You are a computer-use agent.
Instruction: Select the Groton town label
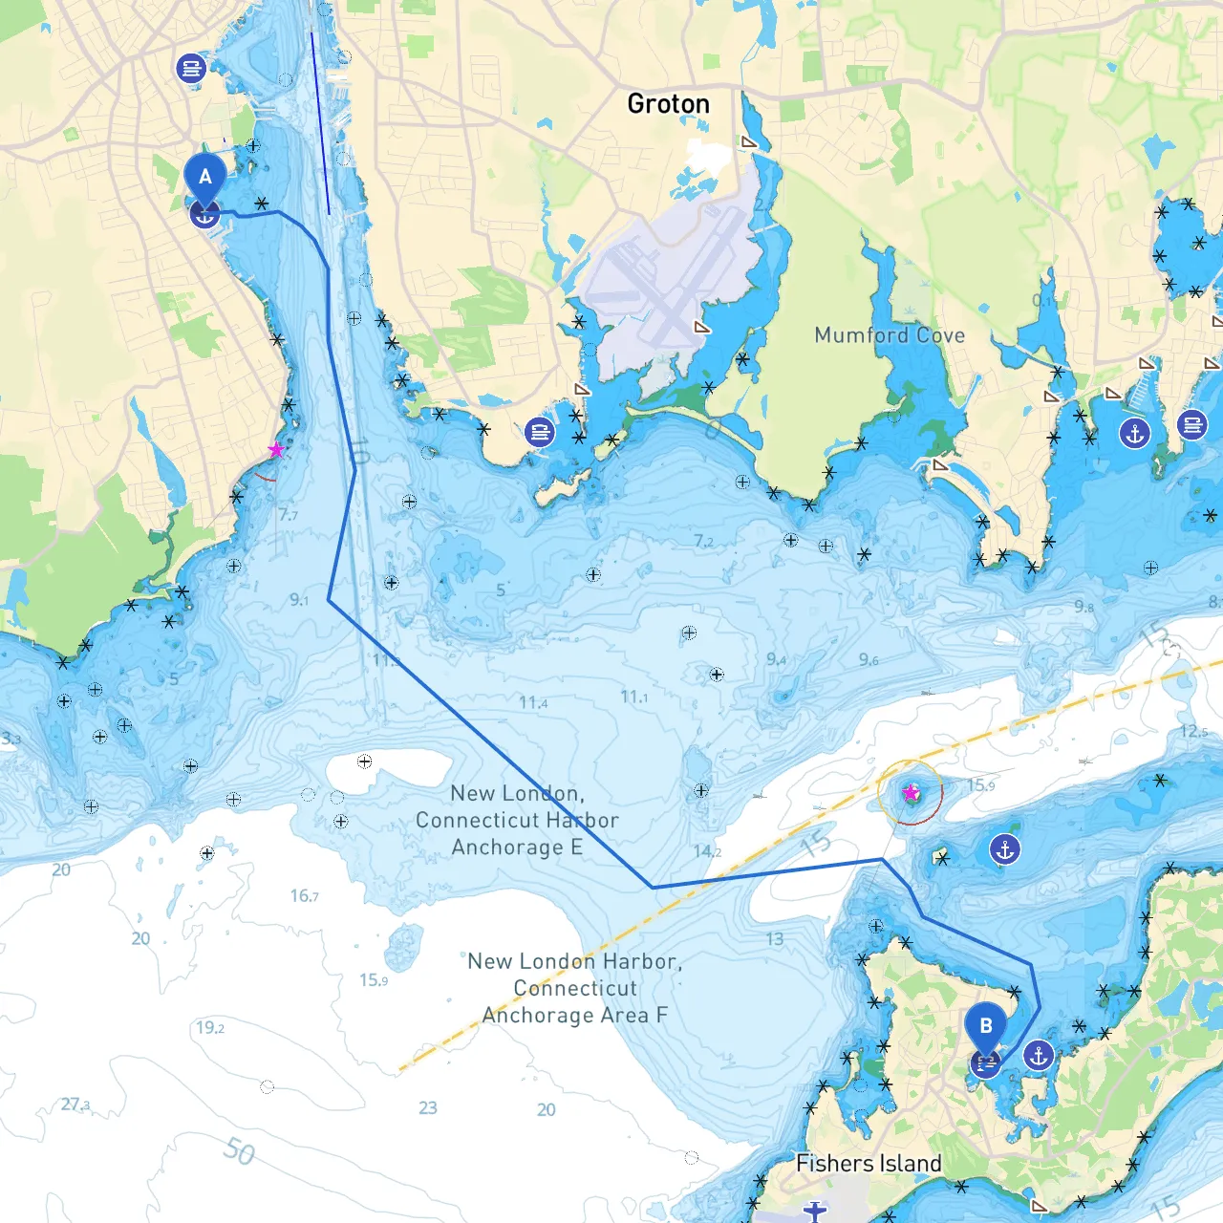click(x=668, y=103)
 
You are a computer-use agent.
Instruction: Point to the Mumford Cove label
click(x=890, y=335)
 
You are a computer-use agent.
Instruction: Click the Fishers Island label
click(x=869, y=1163)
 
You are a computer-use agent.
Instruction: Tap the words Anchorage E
click(x=517, y=848)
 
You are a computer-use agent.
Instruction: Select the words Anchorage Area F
click(x=574, y=1015)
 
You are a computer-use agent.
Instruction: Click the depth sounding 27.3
click(x=75, y=1105)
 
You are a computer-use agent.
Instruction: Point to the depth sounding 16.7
click(x=305, y=895)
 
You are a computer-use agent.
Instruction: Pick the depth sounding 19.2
click(x=210, y=1028)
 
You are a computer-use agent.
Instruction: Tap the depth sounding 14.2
click(x=707, y=851)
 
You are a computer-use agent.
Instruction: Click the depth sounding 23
click(x=428, y=1107)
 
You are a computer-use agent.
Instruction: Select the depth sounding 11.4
click(x=533, y=702)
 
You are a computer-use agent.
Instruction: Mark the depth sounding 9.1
click(x=299, y=600)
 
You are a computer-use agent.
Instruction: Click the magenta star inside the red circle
click(x=911, y=793)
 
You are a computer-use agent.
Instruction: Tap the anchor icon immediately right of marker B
click(x=1039, y=1056)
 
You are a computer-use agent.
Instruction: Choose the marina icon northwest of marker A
click(x=191, y=68)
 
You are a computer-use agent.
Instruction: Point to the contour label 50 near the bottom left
click(x=239, y=1150)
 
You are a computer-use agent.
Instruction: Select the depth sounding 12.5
click(x=1193, y=731)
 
